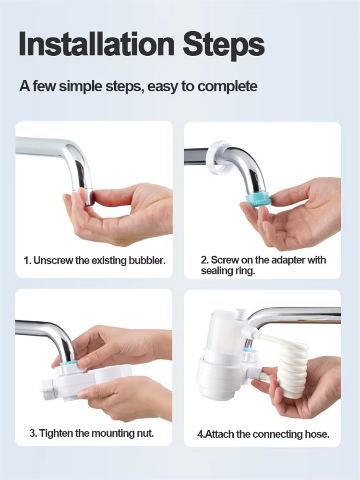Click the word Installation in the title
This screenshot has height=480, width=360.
click(x=96, y=44)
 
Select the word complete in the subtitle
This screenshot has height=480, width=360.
click(x=227, y=86)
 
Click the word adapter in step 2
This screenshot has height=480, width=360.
click(x=288, y=260)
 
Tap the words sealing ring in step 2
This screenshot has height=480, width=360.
click(x=228, y=271)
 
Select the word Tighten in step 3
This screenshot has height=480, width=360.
click(x=56, y=433)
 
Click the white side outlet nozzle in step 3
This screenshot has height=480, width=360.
click(x=48, y=390)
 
